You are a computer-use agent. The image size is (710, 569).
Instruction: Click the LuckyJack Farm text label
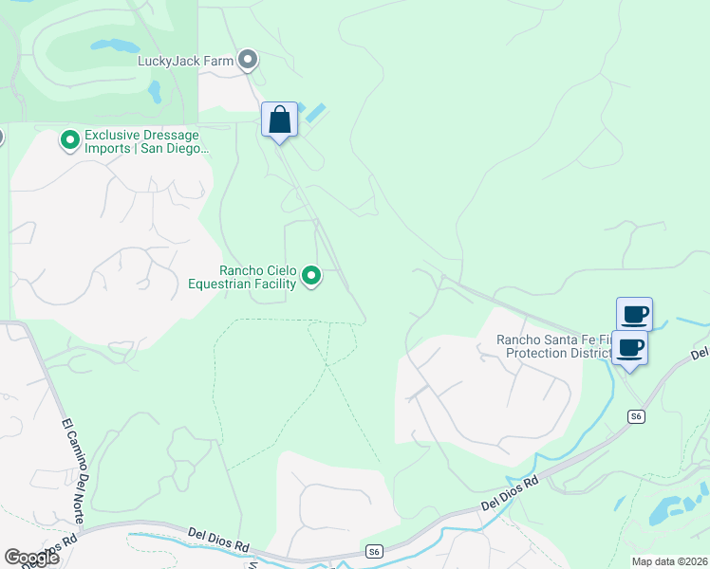click(185, 61)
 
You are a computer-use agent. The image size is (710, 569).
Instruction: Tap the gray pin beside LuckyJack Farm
click(248, 61)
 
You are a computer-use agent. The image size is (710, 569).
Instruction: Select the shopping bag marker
click(279, 120)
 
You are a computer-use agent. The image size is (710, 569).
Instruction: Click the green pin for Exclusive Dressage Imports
click(69, 141)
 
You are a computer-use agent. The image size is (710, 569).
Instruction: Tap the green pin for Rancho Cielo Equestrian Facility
click(311, 276)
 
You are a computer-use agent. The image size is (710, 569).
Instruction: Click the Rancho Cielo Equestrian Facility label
click(243, 277)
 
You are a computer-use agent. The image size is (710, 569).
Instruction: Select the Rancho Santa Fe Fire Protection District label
click(556, 347)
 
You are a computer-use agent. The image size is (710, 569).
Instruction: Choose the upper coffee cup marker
click(634, 314)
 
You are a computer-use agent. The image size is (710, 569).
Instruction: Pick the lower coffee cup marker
click(629, 347)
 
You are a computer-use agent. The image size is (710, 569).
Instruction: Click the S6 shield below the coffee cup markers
click(636, 416)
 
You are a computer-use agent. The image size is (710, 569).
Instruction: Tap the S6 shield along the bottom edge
click(375, 552)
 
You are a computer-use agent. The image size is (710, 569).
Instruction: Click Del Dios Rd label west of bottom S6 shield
click(218, 539)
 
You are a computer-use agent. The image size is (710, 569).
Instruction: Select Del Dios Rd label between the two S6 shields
click(510, 492)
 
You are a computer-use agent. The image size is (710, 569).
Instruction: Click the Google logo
click(31, 557)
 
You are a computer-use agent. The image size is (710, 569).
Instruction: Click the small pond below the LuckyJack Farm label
click(155, 91)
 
